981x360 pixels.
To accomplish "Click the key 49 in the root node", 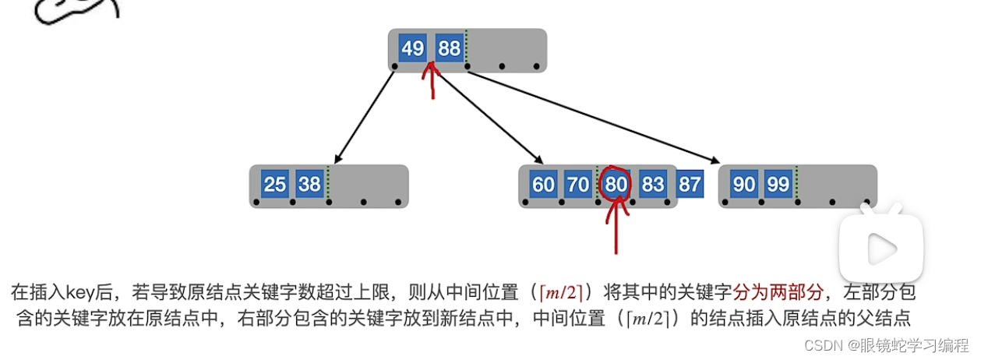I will [412, 48].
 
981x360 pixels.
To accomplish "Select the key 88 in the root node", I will [450, 48].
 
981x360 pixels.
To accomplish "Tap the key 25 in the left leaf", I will [274, 185].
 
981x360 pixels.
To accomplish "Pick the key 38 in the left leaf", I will [309, 185].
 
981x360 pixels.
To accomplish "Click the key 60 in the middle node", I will [543, 185].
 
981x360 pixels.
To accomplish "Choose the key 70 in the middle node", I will [578, 185].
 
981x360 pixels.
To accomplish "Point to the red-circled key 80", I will [616, 185].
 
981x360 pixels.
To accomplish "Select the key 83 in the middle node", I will [653, 185].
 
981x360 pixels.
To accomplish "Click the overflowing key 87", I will [690, 185].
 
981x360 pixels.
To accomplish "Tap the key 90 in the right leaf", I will [744, 185].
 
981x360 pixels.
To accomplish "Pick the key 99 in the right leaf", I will [778, 185].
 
